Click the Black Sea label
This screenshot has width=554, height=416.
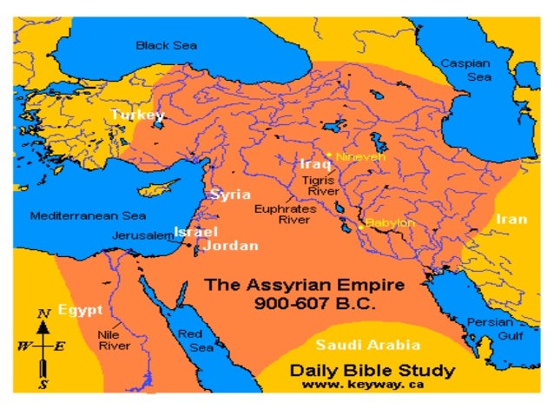166,45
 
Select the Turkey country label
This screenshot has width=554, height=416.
137,114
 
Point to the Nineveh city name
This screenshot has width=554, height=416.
361,157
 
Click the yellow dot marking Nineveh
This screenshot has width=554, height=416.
329,155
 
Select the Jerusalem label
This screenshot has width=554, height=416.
142,235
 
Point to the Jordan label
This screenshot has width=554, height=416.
230,246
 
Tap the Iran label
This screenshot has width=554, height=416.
511,219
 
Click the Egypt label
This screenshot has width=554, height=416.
80,309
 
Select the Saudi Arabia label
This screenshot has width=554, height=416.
368,343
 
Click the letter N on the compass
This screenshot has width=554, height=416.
42,313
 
